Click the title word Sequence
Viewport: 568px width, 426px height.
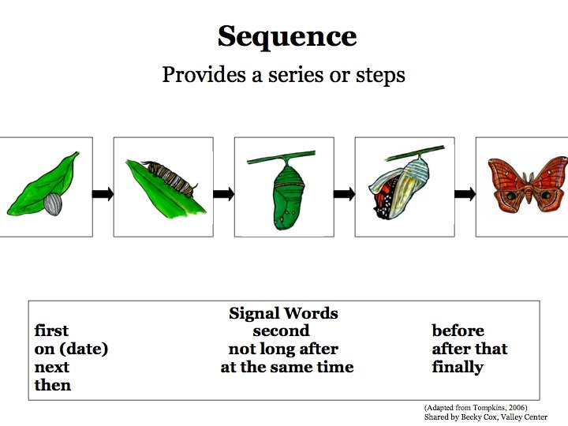click(x=286, y=36)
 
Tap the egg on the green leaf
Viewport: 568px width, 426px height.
click(x=53, y=204)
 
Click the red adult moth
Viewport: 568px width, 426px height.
click(x=526, y=184)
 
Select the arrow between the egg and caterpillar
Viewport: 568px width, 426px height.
click(x=103, y=194)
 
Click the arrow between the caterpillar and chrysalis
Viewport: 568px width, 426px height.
click(x=224, y=194)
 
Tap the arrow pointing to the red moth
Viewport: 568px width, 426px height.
click(x=465, y=194)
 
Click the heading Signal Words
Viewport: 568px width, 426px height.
click(x=283, y=313)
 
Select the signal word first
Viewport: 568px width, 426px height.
click(x=51, y=331)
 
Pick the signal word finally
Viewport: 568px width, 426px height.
click(x=458, y=367)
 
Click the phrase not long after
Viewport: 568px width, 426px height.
click(x=283, y=349)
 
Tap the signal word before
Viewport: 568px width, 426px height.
click(x=458, y=331)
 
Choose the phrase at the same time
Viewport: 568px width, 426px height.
click(x=287, y=367)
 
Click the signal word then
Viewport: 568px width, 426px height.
click(x=53, y=385)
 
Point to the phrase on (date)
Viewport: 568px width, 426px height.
click(x=71, y=349)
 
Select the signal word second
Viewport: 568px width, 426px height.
click(x=281, y=331)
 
